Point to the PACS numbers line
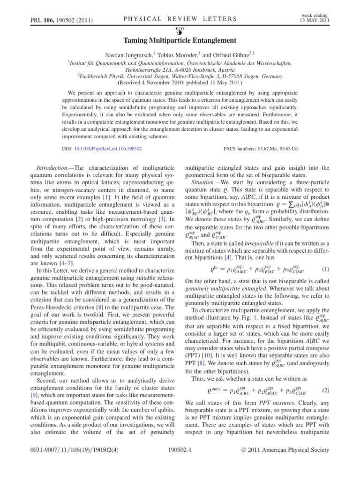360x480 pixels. click(261, 148)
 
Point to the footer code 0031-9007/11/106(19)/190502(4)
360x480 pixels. click(63, 467)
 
